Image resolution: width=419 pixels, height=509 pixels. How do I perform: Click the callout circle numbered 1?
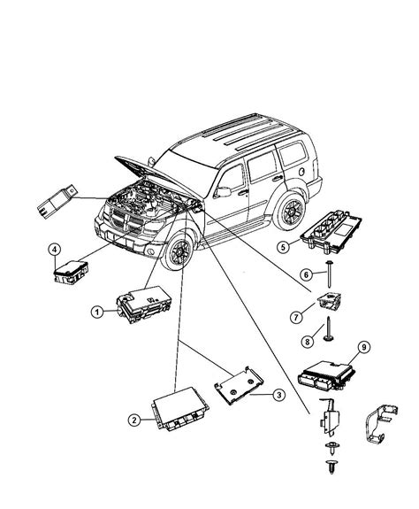[98, 311]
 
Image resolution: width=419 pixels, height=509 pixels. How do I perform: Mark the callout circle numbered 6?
[306, 274]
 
